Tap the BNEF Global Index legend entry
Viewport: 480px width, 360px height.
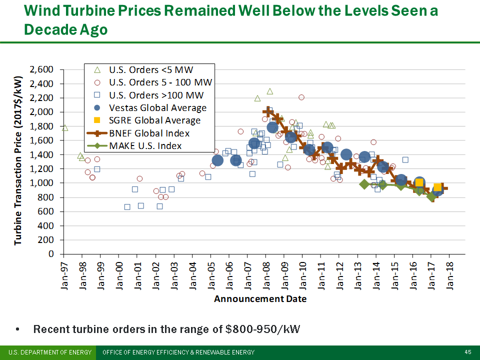point(150,133)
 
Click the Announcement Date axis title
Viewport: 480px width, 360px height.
point(260,299)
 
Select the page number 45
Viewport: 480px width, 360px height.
point(467,352)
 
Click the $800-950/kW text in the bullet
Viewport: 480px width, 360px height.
point(263,329)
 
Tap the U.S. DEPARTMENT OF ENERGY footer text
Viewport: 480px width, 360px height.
point(49,352)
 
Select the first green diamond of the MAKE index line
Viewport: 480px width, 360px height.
point(364,184)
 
